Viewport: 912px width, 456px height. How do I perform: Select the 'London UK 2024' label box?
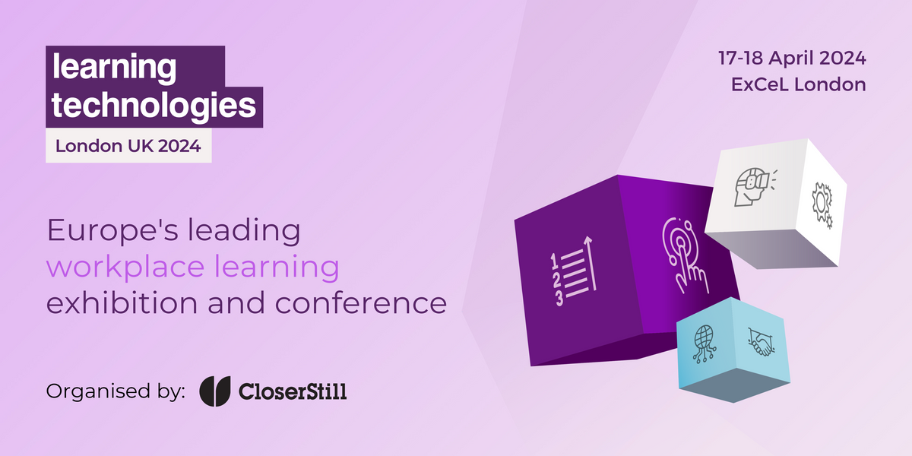tap(128, 146)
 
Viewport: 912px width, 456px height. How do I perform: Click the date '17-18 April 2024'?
tap(792, 58)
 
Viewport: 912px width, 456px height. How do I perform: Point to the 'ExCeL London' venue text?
tap(798, 84)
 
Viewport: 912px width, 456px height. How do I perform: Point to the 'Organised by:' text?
tap(116, 391)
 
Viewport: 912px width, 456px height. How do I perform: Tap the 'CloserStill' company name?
tap(293, 391)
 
